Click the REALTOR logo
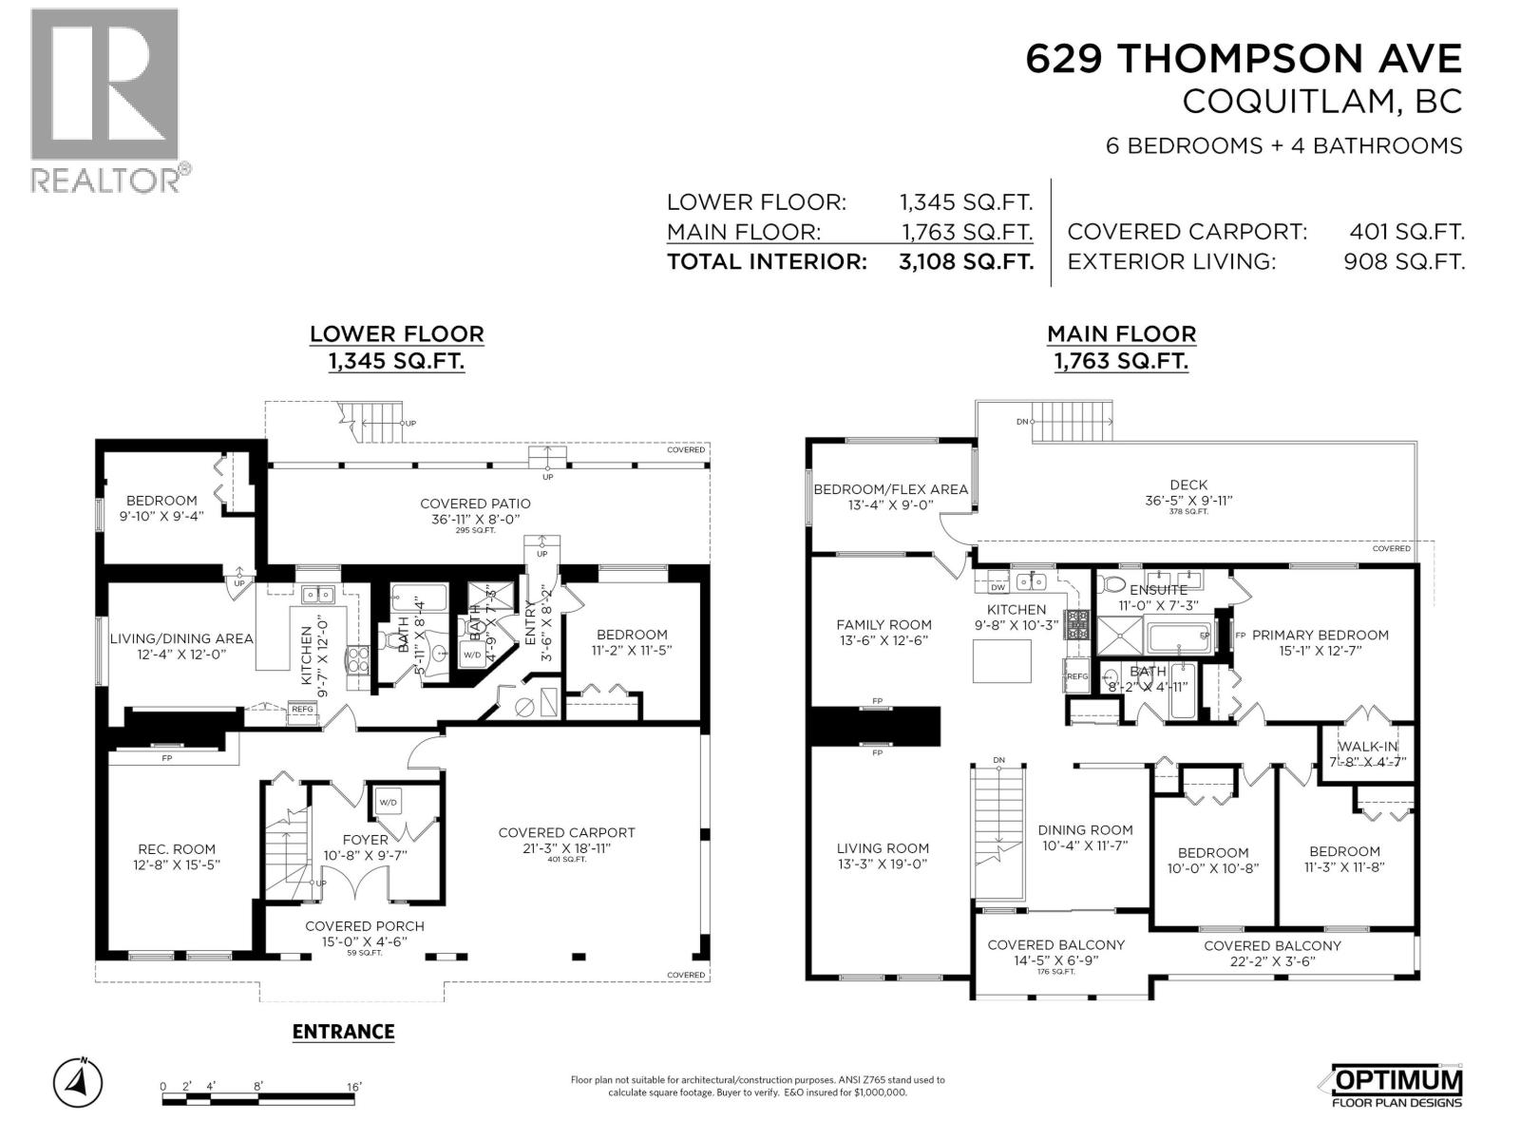(104, 100)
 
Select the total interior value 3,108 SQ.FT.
(965, 262)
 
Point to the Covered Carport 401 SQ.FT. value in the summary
(1406, 232)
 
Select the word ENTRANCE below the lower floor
(343, 1032)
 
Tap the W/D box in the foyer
(389, 803)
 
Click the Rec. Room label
(176, 849)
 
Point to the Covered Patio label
(475, 503)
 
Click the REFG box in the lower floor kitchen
(302, 710)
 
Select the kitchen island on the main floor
(1001, 660)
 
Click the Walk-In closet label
(1368, 747)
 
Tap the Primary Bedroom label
(1320, 635)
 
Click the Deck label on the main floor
(1188, 484)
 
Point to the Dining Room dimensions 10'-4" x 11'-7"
(1085, 845)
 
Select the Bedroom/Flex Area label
(890, 489)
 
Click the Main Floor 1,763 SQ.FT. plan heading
(1121, 347)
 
